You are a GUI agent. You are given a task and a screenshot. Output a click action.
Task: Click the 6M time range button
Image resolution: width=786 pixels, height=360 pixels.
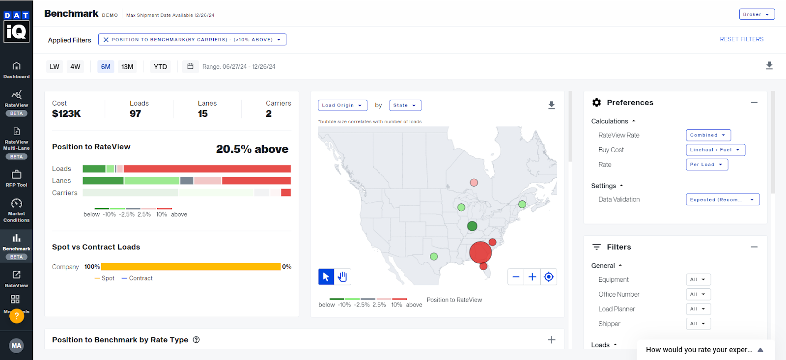(106, 67)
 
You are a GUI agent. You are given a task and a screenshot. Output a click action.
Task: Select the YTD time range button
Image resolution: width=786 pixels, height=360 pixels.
(160, 67)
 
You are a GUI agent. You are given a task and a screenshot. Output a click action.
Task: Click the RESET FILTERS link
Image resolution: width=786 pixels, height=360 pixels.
(741, 39)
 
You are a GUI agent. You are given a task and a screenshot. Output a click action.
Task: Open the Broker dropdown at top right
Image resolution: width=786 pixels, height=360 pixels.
(757, 14)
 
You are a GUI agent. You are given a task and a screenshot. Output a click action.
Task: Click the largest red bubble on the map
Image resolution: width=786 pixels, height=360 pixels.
(480, 252)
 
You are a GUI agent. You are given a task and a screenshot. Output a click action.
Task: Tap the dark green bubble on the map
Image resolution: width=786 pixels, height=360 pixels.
(472, 226)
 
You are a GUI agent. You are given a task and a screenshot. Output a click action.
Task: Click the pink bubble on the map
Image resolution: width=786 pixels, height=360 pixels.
(474, 182)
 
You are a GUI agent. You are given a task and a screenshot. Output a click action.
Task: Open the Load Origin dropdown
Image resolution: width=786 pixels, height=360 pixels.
(342, 105)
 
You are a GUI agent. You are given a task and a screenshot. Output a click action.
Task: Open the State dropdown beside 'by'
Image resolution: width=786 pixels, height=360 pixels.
(405, 105)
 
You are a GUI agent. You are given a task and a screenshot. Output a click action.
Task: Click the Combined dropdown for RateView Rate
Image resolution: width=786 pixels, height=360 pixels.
(708, 135)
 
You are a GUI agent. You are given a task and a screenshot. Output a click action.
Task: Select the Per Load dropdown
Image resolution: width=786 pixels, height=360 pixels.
(706, 165)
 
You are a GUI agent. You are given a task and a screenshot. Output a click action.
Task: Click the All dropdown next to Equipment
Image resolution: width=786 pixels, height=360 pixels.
(698, 279)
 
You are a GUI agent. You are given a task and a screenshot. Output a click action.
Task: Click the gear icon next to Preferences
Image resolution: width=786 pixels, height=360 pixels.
(596, 102)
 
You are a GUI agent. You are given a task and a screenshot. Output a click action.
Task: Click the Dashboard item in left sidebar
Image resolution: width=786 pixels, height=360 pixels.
(16, 70)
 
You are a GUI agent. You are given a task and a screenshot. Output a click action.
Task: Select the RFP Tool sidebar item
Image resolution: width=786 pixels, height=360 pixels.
(16, 178)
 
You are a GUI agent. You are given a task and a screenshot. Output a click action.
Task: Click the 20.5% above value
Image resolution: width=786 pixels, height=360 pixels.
(252, 149)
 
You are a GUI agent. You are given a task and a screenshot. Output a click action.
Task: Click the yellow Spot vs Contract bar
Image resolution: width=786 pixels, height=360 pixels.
(191, 267)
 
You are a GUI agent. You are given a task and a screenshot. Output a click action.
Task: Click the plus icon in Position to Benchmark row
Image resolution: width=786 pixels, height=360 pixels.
(551, 340)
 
